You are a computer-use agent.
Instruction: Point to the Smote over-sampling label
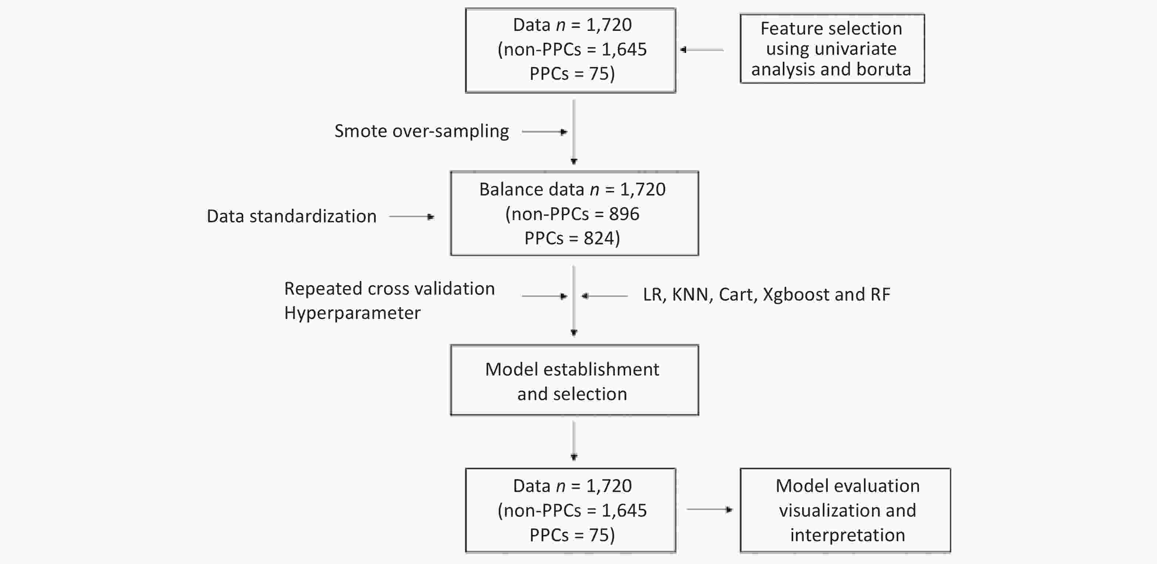coord(422,131)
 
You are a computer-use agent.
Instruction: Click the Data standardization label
coord(292,216)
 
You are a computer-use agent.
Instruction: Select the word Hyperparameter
coord(352,313)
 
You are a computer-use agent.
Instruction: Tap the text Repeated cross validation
coord(389,288)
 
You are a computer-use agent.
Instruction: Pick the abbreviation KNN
coord(690,295)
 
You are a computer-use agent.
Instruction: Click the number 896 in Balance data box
coord(624,214)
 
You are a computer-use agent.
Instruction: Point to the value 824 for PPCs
coord(599,238)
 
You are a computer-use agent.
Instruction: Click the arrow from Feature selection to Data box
coord(702,50)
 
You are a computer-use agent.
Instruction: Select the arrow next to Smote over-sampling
coord(545,132)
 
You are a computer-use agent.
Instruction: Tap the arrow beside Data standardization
coord(412,217)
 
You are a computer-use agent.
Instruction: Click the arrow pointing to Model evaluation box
coord(710,510)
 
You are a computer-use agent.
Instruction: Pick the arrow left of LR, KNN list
coord(605,296)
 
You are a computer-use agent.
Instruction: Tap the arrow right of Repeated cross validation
coord(545,296)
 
